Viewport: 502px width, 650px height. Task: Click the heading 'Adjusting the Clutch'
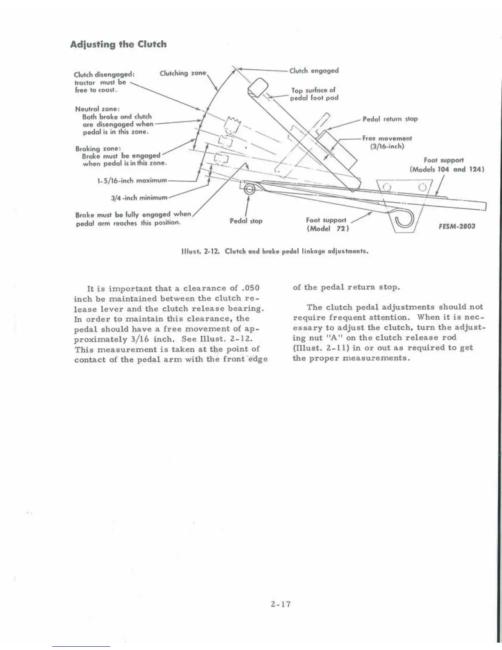coord(118,44)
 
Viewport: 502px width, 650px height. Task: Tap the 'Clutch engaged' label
coord(314,71)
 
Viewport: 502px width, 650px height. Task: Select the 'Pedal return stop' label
coord(390,119)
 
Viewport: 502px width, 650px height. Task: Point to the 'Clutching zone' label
coord(183,73)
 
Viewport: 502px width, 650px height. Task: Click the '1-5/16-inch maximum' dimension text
coord(131,180)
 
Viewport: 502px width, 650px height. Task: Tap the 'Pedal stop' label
coord(246,221)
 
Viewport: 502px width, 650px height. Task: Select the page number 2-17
coord(281,604)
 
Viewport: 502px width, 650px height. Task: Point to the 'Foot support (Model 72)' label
coord(326,224)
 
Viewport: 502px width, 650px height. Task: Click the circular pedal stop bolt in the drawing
coord(249,189)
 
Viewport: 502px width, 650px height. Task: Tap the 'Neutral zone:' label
coord(97,109)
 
